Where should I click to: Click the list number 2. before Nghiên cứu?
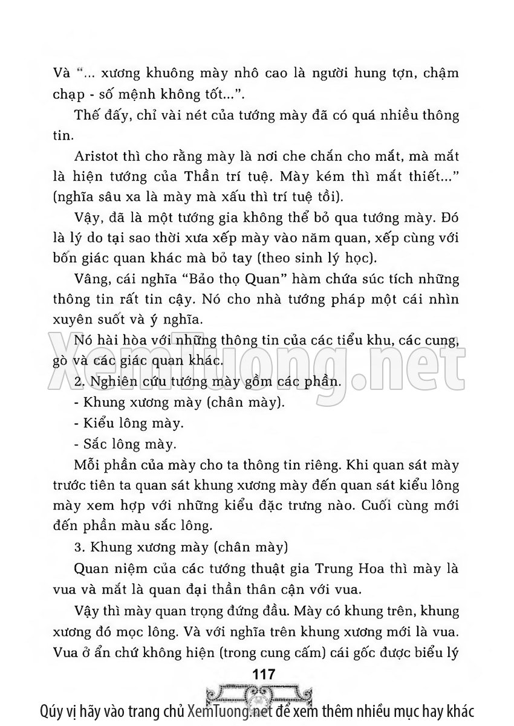[x=77, y=383]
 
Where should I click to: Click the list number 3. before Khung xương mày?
[x=77, y=548]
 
